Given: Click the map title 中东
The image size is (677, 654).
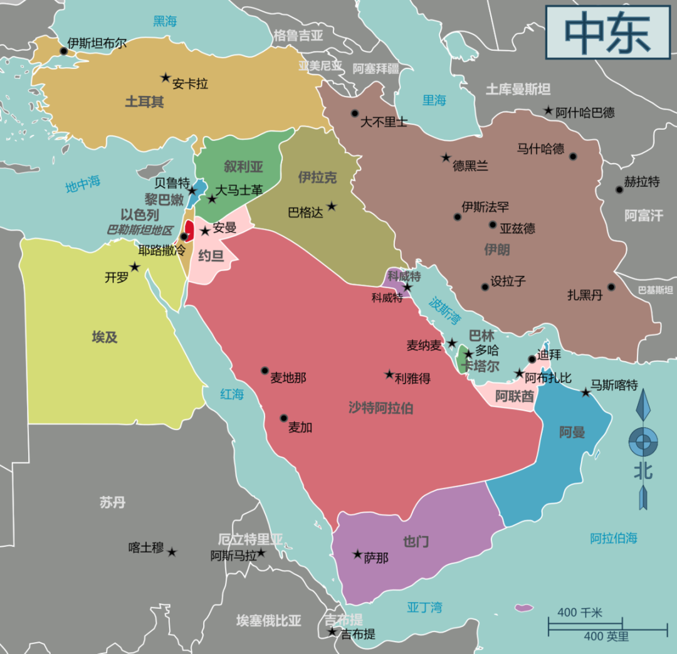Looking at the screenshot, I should click(x=607, y=32).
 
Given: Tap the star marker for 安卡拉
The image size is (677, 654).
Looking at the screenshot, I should click(x=165, y=78).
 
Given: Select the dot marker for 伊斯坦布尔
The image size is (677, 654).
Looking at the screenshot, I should click(x=63, y=51).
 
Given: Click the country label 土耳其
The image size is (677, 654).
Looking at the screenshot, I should click(x=144, y=102).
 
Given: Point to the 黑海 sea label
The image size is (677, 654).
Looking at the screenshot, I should click(x=165, y=21).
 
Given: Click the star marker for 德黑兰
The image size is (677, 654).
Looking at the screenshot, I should click(x=446, y=158).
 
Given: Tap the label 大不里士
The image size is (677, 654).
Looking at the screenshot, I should click(x=383, y=122).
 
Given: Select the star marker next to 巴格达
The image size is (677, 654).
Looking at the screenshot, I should click(x=332, y=206).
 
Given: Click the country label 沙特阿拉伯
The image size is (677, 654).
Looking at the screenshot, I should click(x=380, y=408).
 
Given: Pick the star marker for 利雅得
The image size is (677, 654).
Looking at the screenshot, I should click(x=389, y=374).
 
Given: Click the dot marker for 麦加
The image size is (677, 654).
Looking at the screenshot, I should click(x=284, y=418).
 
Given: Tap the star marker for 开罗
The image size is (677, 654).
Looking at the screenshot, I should click(x=134, y=267).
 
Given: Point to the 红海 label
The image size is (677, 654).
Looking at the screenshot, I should click(x=231, y=394).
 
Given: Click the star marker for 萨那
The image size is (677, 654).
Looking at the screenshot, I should click(x=357, y=554).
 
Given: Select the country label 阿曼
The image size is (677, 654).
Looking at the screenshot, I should click(x=572, y=432).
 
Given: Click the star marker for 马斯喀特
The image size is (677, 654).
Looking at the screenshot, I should click(x=585, y=393).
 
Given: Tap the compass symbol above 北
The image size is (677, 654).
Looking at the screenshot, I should click(x=643, y=442).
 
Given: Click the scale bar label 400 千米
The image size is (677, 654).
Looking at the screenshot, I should click(x=579, y=612).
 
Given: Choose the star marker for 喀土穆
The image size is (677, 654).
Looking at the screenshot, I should click(x=172, y=552).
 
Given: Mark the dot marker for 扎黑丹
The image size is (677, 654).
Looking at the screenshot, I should click(x=611, y=287).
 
